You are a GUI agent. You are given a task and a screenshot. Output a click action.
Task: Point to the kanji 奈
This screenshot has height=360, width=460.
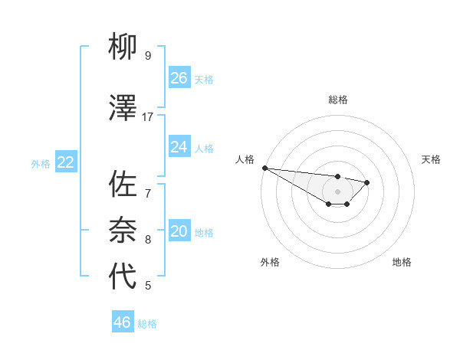(x=123, y=230)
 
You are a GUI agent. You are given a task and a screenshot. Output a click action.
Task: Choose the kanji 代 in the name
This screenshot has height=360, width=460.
(x=123, y=277)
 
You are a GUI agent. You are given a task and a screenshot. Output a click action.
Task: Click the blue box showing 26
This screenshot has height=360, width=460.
(x=179, y=78)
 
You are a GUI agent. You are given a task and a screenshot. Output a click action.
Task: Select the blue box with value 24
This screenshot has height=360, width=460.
(x=179, y=147)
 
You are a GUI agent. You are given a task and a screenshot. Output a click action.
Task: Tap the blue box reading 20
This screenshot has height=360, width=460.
(x=179, y=232)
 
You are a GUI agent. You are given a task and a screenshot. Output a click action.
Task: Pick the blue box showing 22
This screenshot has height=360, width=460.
(x=66, y=162)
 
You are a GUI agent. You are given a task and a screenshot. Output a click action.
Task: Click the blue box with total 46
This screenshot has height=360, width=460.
(x=123, y=322)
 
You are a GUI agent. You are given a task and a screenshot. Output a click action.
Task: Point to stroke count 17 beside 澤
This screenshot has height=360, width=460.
(x=148, y=116)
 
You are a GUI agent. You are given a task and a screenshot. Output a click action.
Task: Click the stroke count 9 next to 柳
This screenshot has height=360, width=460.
(x=148, y=55)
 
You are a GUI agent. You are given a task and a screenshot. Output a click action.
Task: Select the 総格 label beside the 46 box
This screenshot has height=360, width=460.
(x=147, y=324)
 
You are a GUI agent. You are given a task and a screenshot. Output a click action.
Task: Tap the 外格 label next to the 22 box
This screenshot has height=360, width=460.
(x=41, y=163)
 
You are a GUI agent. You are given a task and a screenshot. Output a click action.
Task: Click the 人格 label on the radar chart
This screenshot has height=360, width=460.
(x=245, y=159)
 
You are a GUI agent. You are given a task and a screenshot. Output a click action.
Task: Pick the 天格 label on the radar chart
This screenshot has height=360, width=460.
(x=431, y=159)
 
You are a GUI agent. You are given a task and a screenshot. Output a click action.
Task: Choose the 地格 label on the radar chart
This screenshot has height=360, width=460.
(x=402, y=262)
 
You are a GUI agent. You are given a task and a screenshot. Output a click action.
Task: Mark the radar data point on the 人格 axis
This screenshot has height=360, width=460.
(x=264, y=168)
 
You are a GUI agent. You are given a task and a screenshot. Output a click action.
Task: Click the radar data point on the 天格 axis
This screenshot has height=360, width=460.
(x=367, y=182)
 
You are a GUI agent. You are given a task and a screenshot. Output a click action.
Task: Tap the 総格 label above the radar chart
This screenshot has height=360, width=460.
(x=338, y=100)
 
